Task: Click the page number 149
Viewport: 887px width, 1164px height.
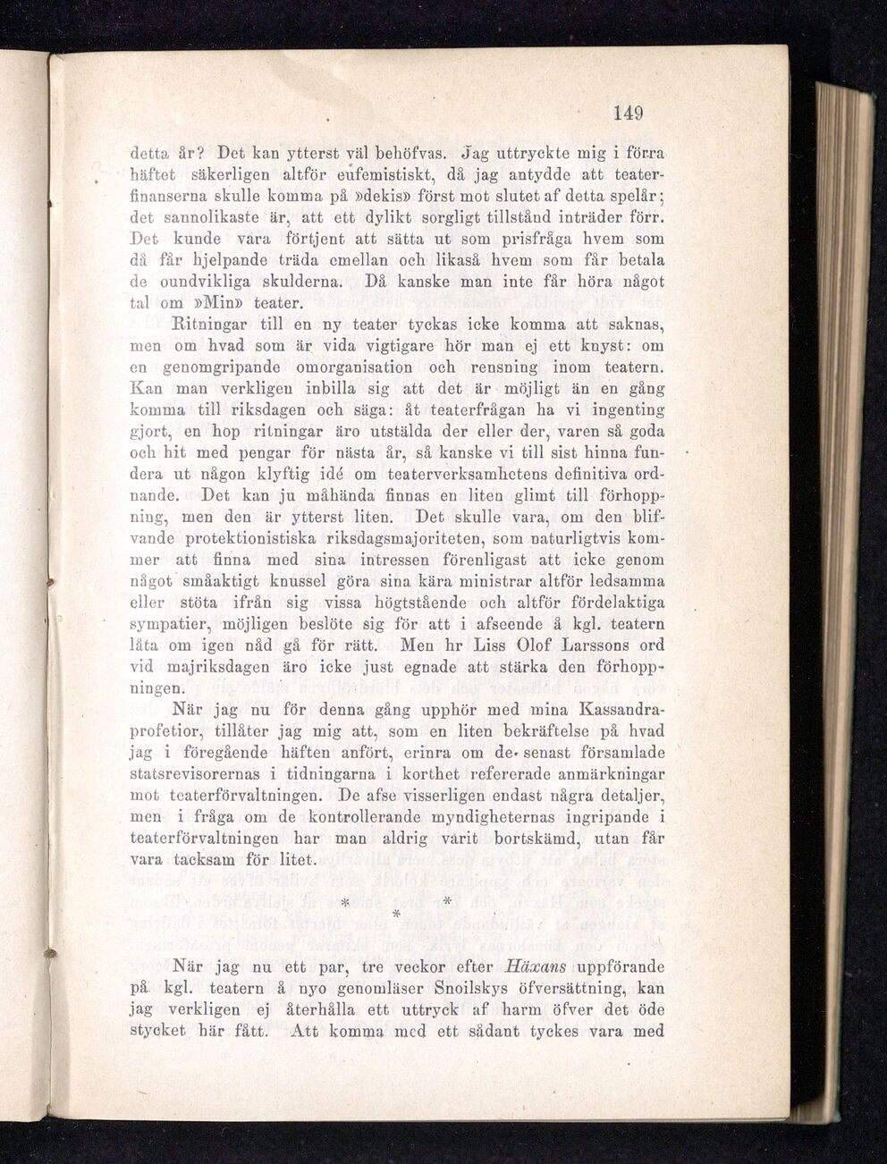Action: click(x=629, y=113)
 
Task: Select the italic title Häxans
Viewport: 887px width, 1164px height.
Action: click(x=533, y=967)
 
